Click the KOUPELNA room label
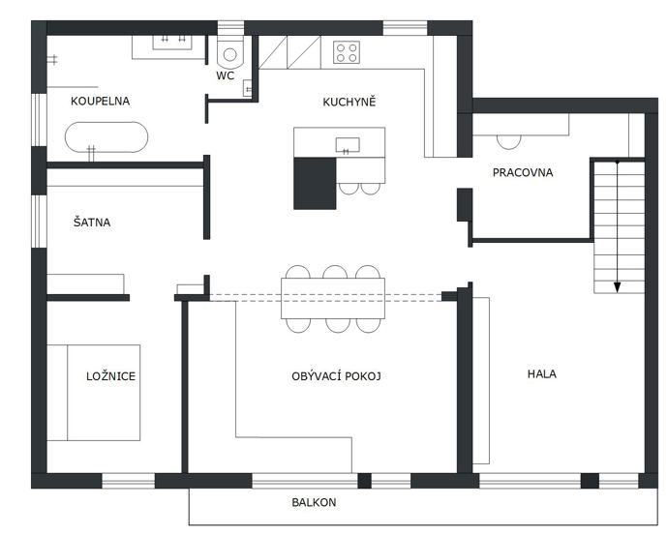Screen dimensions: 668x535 point(100,102)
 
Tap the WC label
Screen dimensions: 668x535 point(225,75)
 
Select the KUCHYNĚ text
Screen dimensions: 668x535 point(349,102)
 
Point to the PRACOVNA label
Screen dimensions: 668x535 point(523,172)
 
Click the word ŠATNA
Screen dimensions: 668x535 point(92,222)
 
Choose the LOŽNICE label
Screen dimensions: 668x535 point(110,375)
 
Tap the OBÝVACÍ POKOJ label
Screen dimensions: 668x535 point(336,376)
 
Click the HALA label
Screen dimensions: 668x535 point(542,374)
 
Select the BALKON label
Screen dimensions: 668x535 point(314,502)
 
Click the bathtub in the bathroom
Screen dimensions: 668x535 point(106,137)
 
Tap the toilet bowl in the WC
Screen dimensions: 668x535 point(230,54)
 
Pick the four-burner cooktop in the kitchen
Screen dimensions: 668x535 point(347,52)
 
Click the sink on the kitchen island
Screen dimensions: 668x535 point(348,145)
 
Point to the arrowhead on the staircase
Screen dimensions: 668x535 point(617,287)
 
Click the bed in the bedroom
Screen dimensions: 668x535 point(93,393)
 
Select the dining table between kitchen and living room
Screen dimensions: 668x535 point(333,298)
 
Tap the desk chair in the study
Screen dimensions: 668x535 point(508,142)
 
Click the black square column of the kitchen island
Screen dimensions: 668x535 point(315,183)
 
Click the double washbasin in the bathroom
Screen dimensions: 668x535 point(172,43)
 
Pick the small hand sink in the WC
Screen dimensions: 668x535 point(248,89)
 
